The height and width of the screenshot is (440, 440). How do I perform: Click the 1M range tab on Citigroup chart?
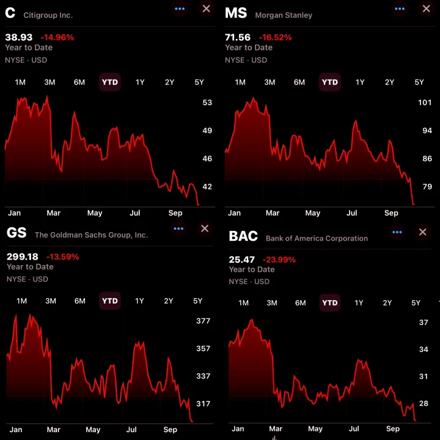(x=20, y=82)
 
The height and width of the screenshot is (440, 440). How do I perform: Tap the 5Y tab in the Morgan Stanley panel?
(x=419, y=82)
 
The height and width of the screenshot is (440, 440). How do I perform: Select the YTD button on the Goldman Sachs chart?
(x=110, y=301)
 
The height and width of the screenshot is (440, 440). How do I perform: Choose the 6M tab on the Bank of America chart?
(x=301, y=303)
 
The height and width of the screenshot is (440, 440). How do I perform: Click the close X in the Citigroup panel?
(x=206, y=9)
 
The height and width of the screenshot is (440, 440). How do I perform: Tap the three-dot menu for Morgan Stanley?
(x=400, y=9)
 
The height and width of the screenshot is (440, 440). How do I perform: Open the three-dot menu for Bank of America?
(x=397, y=232)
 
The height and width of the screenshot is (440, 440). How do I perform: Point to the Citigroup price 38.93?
(x=18, y=37)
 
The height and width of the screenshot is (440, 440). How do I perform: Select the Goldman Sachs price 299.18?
(x=22, y=257)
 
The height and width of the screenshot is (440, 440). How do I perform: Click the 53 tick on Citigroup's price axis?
(x=207, y=103)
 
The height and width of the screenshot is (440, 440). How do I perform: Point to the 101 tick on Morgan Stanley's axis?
(x=425, y=103)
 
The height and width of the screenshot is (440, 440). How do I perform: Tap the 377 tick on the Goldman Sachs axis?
(x=203, y=321)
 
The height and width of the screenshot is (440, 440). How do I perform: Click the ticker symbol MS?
(x=236, y=13)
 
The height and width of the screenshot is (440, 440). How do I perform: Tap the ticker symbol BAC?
(x=243, y=237)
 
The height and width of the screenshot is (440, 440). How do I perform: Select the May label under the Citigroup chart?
(x=95, y=213)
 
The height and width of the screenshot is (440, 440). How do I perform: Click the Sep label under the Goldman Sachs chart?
(x=170, y=430)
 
